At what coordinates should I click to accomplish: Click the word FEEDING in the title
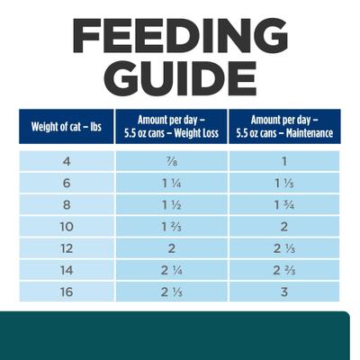pos(180,35)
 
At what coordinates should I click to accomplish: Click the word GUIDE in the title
pos(180,79)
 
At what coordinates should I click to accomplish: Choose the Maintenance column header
pos(285,127)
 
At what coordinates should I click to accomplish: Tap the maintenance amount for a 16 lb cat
pos(285,292)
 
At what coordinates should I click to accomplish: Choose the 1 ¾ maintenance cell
pos(285,205)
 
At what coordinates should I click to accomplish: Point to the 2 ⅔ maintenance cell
pos(285,270)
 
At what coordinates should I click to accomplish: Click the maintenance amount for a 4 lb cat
pos(285,162)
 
